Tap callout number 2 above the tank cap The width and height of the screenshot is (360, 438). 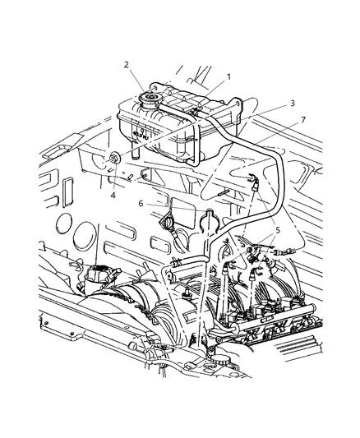(127, 65)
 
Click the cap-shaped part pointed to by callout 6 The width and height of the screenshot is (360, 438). (168, 222)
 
